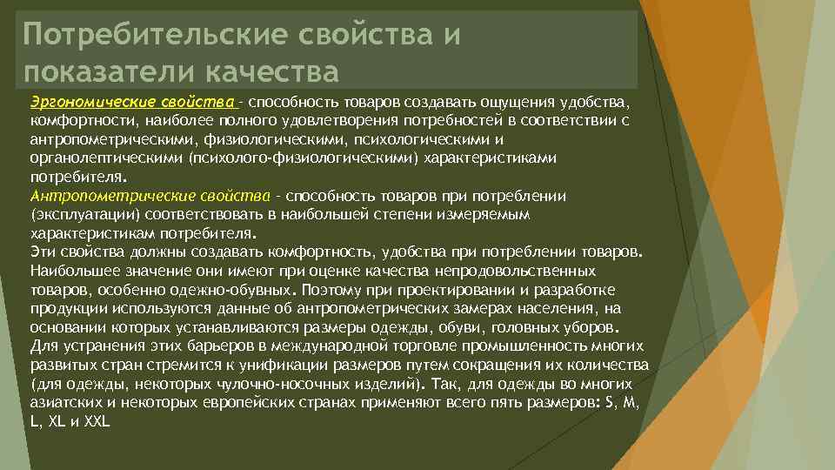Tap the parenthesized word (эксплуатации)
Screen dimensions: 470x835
coord(75,213)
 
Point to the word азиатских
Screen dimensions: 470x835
coord(65,404)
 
